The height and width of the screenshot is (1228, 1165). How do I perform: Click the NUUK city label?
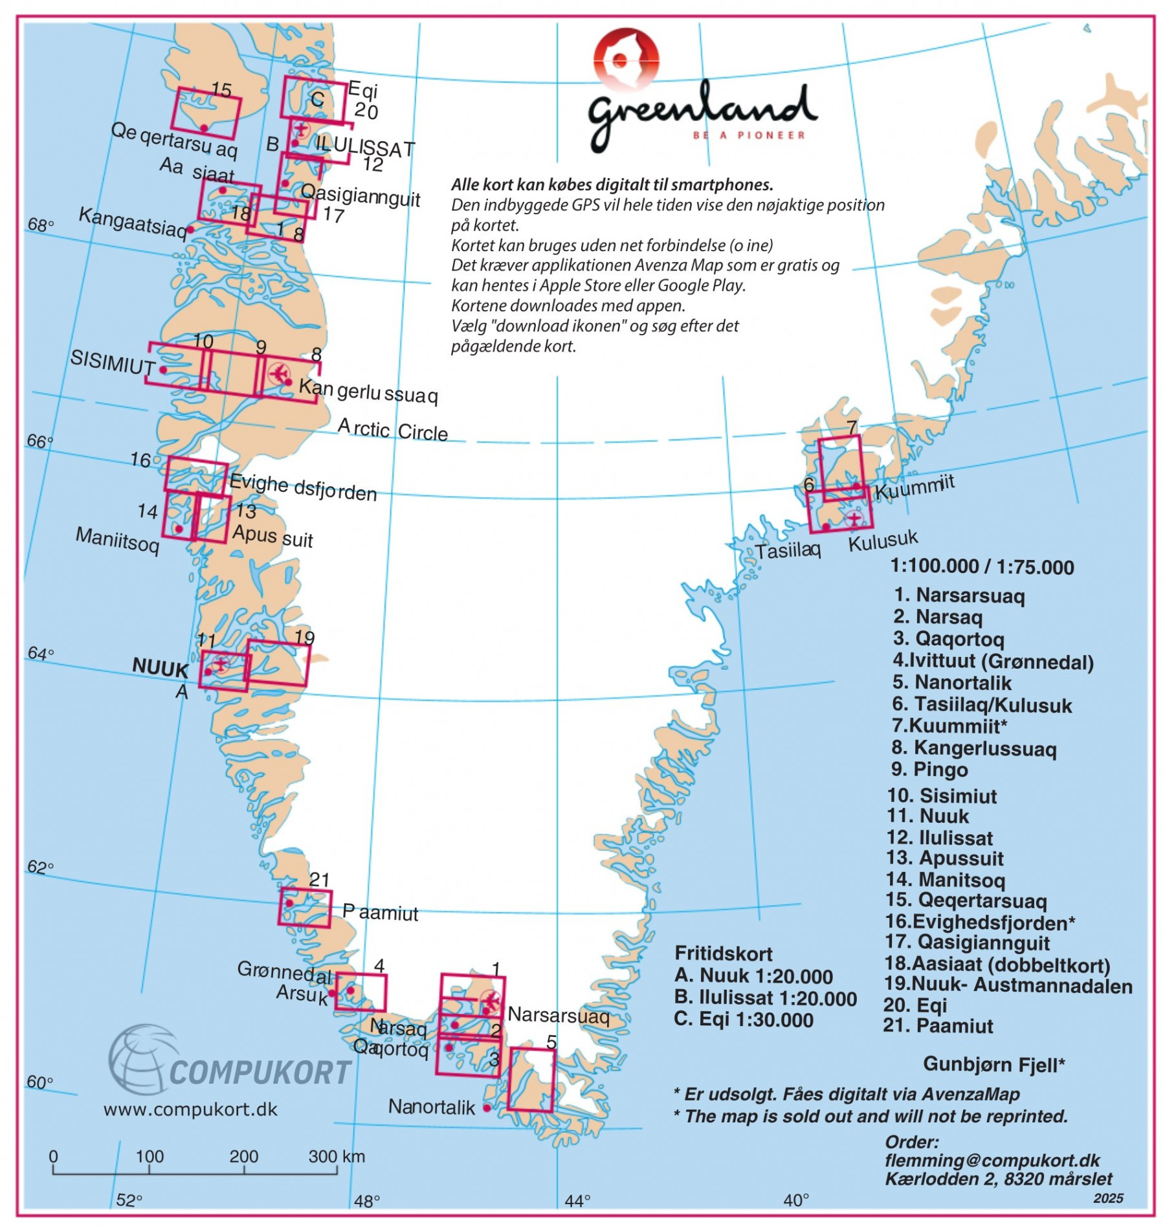click(160, 667)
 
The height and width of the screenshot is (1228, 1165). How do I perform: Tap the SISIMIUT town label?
click(112, 362)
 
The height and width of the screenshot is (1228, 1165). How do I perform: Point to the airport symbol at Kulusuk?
click(854, 519)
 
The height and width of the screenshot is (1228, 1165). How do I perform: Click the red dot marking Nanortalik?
click(487, 1108)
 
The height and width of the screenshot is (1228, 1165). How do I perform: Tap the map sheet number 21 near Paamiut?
click(319, 879)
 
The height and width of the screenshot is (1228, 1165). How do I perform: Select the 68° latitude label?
click(40, 225)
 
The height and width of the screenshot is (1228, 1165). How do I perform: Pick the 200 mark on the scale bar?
click(243, 1157)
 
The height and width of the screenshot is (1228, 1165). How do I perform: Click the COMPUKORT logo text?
click(260, 1073)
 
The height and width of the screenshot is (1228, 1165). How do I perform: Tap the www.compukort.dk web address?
click(190, 1110)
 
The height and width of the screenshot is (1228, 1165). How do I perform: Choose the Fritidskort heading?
click(723, 954)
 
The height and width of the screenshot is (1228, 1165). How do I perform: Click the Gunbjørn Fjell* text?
click(993, 1064)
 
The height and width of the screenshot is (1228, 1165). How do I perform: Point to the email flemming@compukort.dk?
click(992, 1160)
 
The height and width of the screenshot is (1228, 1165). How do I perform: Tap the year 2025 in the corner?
click(1108, 1198)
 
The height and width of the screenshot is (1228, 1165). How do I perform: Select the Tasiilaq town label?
click(788, 550)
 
